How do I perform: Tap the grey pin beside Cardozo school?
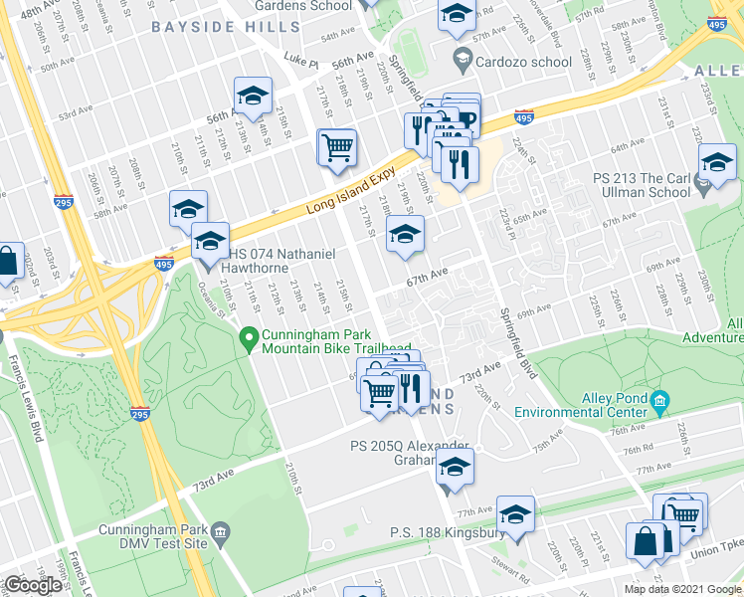(462, 60)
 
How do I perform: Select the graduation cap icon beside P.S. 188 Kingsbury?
(515, 514)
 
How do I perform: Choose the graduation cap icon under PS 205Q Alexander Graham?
(455, 467)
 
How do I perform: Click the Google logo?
(33, 585)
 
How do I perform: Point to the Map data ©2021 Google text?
(682, 589)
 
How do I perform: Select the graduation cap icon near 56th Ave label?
(253, 97)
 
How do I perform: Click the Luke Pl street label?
(300, 63)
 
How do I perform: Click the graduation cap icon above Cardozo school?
(456, 14)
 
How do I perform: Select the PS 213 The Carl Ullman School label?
(642, 185)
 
